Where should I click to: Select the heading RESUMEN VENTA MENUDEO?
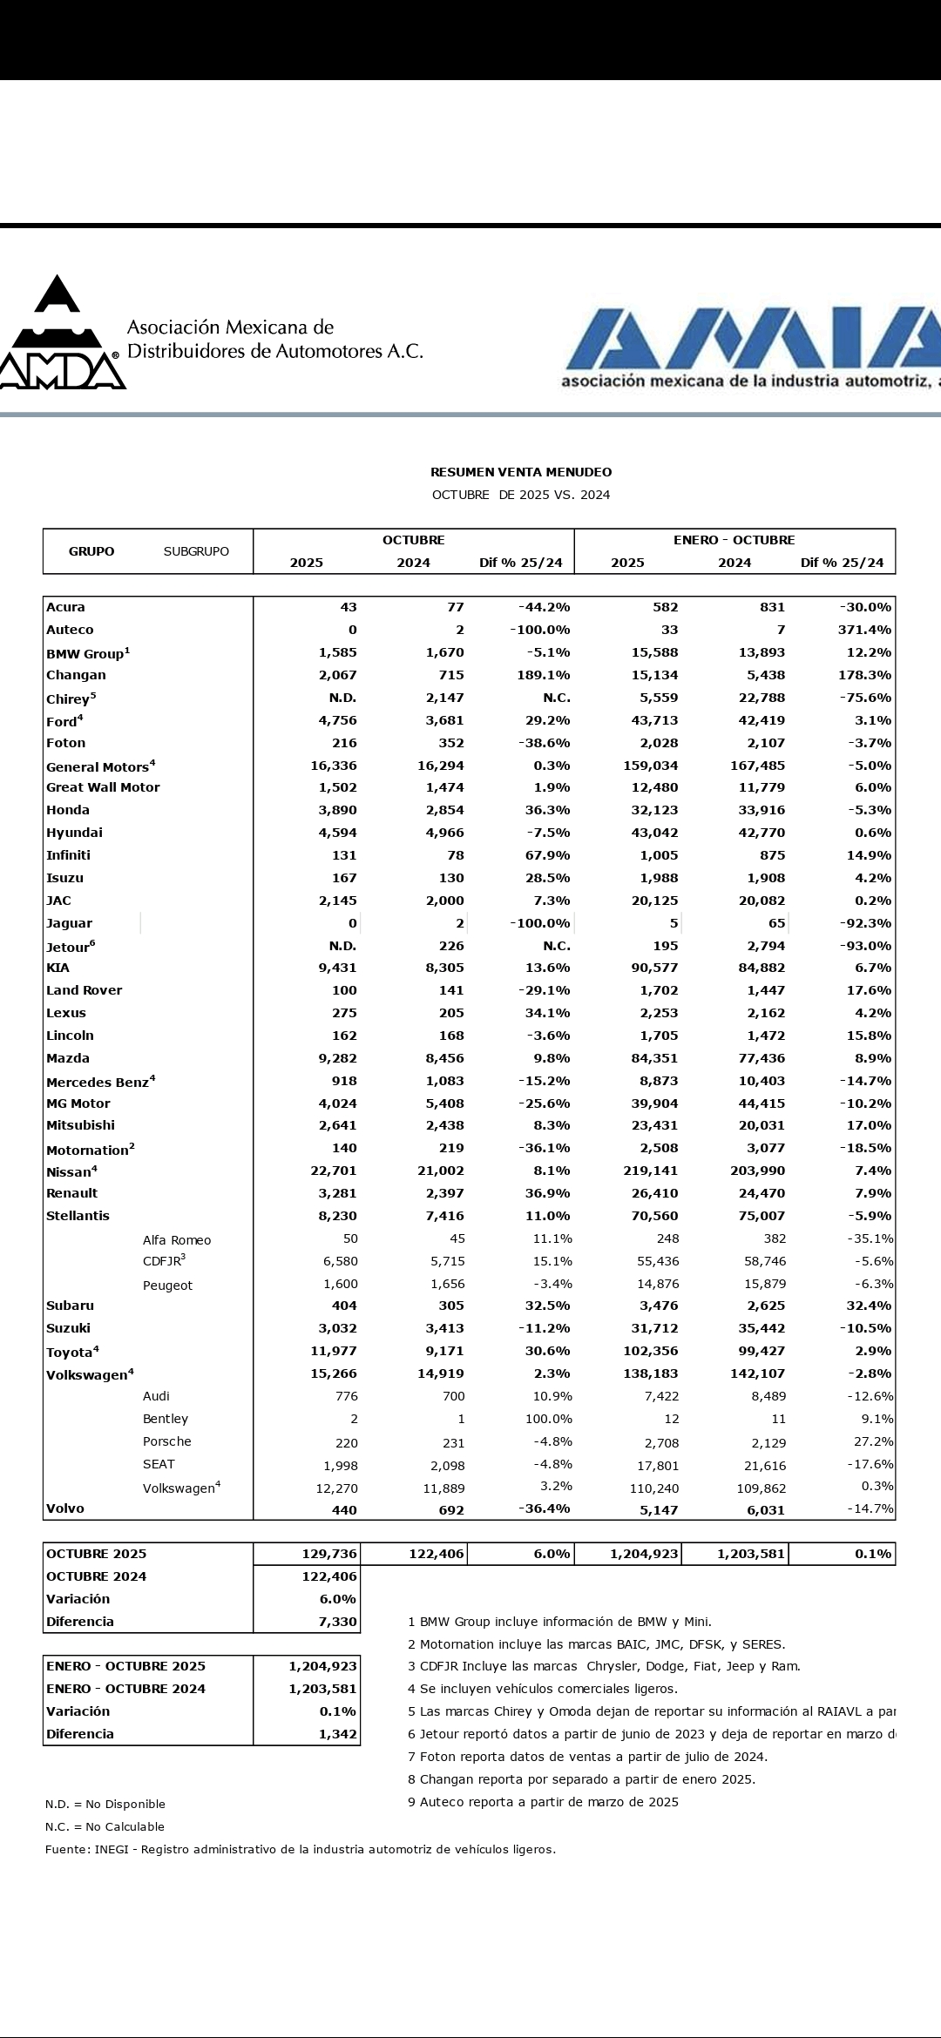point(521,472)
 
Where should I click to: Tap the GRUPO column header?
point(91,551)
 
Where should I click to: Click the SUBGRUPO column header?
point(196,551)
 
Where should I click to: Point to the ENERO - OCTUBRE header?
point(734,540)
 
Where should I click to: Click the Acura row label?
point(66,607)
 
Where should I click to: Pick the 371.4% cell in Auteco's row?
point(864,630)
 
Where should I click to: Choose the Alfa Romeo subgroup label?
point(177,1240)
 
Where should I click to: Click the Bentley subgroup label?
point(166,1419)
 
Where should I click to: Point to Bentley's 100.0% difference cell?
point(548,1419)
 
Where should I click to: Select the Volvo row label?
point(65,1508)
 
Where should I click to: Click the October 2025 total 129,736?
point(328,1554)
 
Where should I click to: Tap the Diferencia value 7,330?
point(338,1622)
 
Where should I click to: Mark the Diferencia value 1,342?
point(338,1734)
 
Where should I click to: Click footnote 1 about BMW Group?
point(559,1622)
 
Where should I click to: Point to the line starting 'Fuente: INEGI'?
point(300,1849)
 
